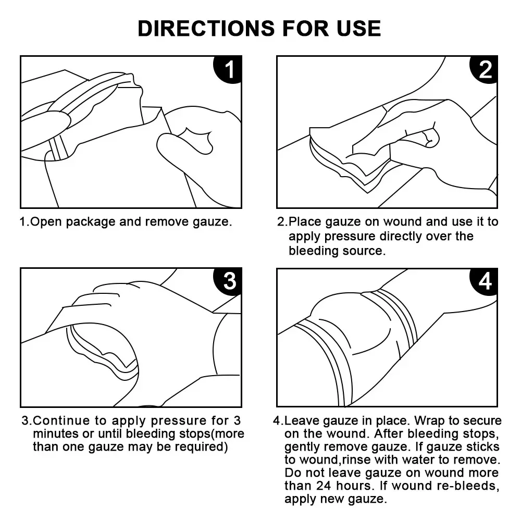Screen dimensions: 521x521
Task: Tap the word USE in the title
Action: click(356, 28)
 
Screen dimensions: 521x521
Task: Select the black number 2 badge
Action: click(485, 69)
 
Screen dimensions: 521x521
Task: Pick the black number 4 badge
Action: click(485, 281)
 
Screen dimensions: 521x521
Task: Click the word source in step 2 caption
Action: click(363, 251)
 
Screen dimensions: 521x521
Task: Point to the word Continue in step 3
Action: click(61, 420)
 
